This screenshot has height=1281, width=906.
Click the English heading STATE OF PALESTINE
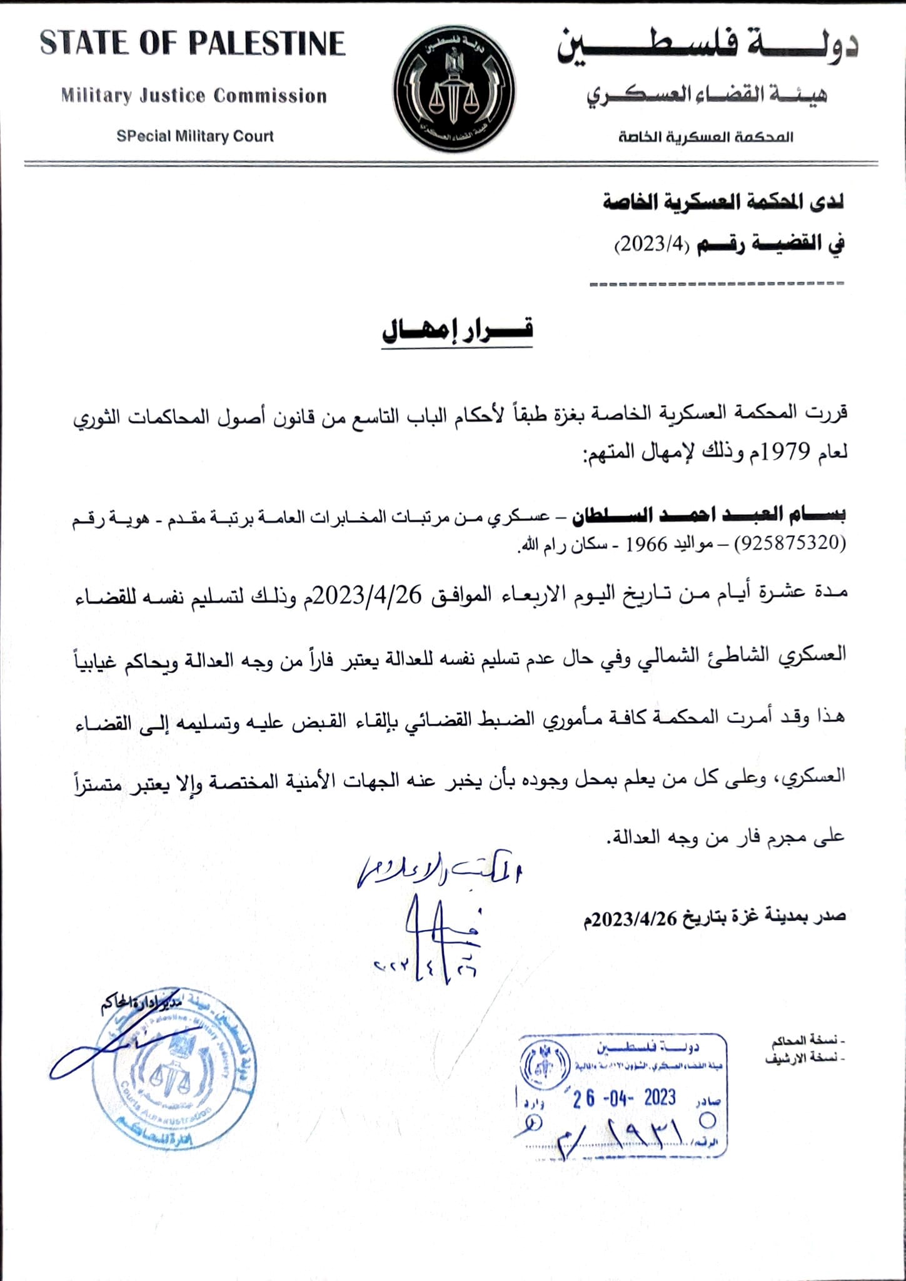coord(193,44)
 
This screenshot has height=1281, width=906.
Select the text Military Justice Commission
coord(194,96)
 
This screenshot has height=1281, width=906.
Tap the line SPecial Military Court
coord(195,136)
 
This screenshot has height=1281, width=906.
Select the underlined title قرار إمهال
coord(457,330)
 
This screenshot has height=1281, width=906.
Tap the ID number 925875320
coord(791,543)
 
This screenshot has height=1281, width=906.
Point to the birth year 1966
coord(647,544)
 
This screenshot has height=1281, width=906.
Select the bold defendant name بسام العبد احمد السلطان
coord(709,515)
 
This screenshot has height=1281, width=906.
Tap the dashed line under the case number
coord(717,284)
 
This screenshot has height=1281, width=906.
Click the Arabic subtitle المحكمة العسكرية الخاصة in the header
coord(706,136)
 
